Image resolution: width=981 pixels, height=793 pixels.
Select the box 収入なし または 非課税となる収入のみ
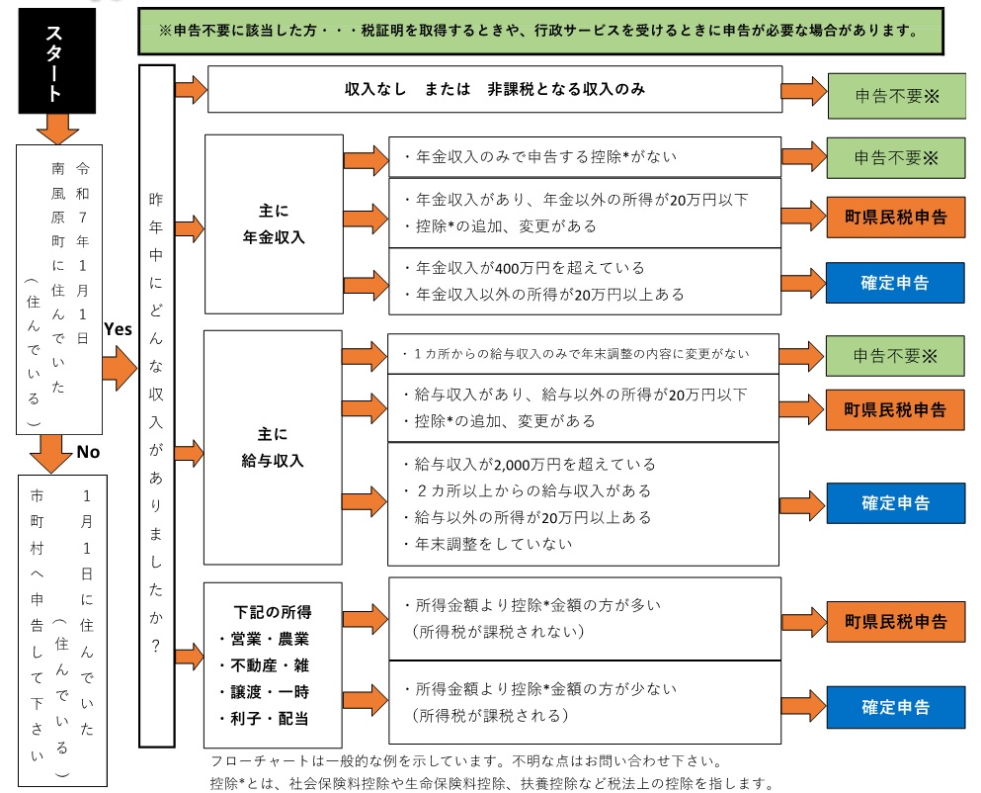494,89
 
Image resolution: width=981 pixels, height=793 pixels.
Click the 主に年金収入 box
274,224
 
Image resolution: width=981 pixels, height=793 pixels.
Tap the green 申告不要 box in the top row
895,96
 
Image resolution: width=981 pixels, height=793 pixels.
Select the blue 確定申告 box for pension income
895,282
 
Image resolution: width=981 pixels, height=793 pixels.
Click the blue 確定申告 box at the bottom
895,707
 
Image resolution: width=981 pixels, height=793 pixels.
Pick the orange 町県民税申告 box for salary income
895,409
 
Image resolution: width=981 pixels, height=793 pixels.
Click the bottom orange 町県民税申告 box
895,622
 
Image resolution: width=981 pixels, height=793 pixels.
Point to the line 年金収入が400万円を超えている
525,268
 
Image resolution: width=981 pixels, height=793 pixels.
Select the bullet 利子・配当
264,718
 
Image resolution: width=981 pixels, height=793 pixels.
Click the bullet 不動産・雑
264,665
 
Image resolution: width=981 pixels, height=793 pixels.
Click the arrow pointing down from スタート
57,128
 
